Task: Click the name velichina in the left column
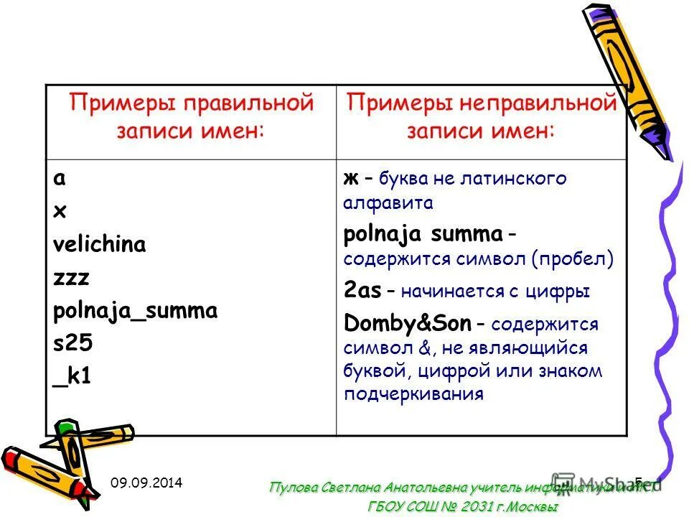(99, 245)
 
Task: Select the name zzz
(70, 278)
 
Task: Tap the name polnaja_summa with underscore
(135, 312)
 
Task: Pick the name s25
(72, 344)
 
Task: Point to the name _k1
(71, 376)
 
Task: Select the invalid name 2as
(362, 291)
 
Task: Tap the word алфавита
(388, 202)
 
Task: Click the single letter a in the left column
(59, 179)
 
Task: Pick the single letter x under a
(59, 212)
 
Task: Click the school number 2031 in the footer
(472, 506)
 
